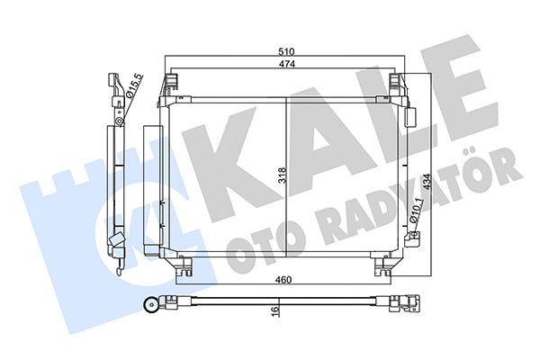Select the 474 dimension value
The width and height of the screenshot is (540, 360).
pyautogui.click(x=287, y=65)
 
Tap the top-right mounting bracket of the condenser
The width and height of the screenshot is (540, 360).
pyautogui.click(x=400, y=88)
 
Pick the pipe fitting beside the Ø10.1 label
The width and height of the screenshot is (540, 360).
pyautogui.click(x=415, y=237)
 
